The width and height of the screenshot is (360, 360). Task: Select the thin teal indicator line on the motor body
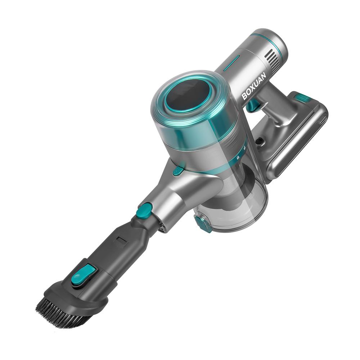tap(231, 62)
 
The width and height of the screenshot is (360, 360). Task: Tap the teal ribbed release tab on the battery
tap(302, 97)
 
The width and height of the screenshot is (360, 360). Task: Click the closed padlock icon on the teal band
tap(238, 157)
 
